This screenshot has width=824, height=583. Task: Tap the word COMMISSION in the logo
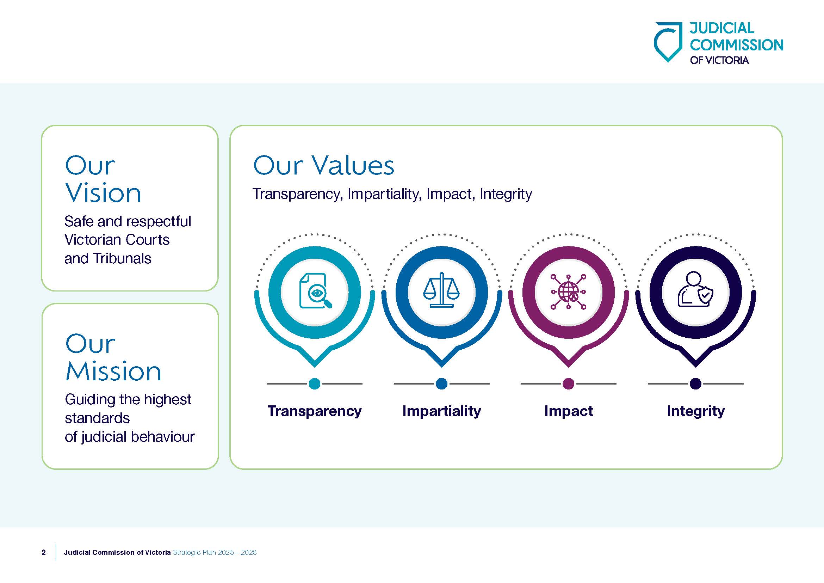(736, 45)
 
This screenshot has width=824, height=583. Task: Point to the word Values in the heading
(353, 166)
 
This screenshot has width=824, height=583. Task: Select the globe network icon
(569, 292)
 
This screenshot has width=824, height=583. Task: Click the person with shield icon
(695, 289)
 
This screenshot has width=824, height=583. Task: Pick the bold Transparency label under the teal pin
(314, 411)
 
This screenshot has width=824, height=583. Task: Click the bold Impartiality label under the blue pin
(441, 411)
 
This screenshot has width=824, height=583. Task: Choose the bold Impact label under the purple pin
(569, 411)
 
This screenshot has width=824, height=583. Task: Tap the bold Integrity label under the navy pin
(695, 411)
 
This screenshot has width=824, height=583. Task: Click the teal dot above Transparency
(314, 384)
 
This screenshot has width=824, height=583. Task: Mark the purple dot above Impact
(569, 384)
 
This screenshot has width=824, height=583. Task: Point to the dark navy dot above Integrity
(695, 384)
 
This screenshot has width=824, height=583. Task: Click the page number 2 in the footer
(44, 552)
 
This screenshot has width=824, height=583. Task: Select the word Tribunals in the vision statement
(122, 258)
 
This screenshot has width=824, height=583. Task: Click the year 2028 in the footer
(249, 552)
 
